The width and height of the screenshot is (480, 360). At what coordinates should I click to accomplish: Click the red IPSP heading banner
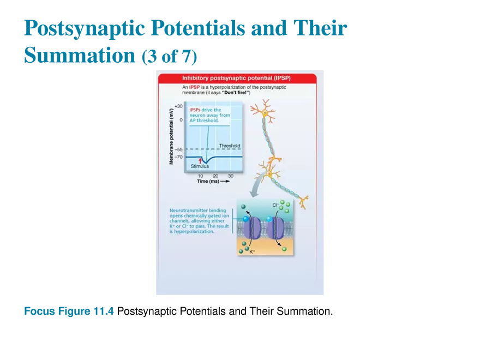pos(240,79)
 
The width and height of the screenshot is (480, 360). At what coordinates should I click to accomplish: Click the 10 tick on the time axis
pos(200,176)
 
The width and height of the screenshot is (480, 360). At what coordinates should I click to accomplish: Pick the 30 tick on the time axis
pos(230,176)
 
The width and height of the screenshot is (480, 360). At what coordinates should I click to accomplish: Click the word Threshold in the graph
pos(229,146)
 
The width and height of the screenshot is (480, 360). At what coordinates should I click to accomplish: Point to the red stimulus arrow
pos(200,160)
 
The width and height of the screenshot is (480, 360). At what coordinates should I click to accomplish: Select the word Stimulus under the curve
pos(200,166)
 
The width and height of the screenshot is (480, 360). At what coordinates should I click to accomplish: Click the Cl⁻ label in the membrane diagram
pos(275,205)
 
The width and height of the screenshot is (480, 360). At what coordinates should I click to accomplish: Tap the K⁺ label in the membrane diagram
pos(252,252)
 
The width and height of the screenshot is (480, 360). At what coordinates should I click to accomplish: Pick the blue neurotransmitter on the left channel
pos(246,219)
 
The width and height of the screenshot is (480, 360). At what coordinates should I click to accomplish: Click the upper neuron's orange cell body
pos(265,113)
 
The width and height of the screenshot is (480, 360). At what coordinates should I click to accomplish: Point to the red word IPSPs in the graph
pos(195,110)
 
